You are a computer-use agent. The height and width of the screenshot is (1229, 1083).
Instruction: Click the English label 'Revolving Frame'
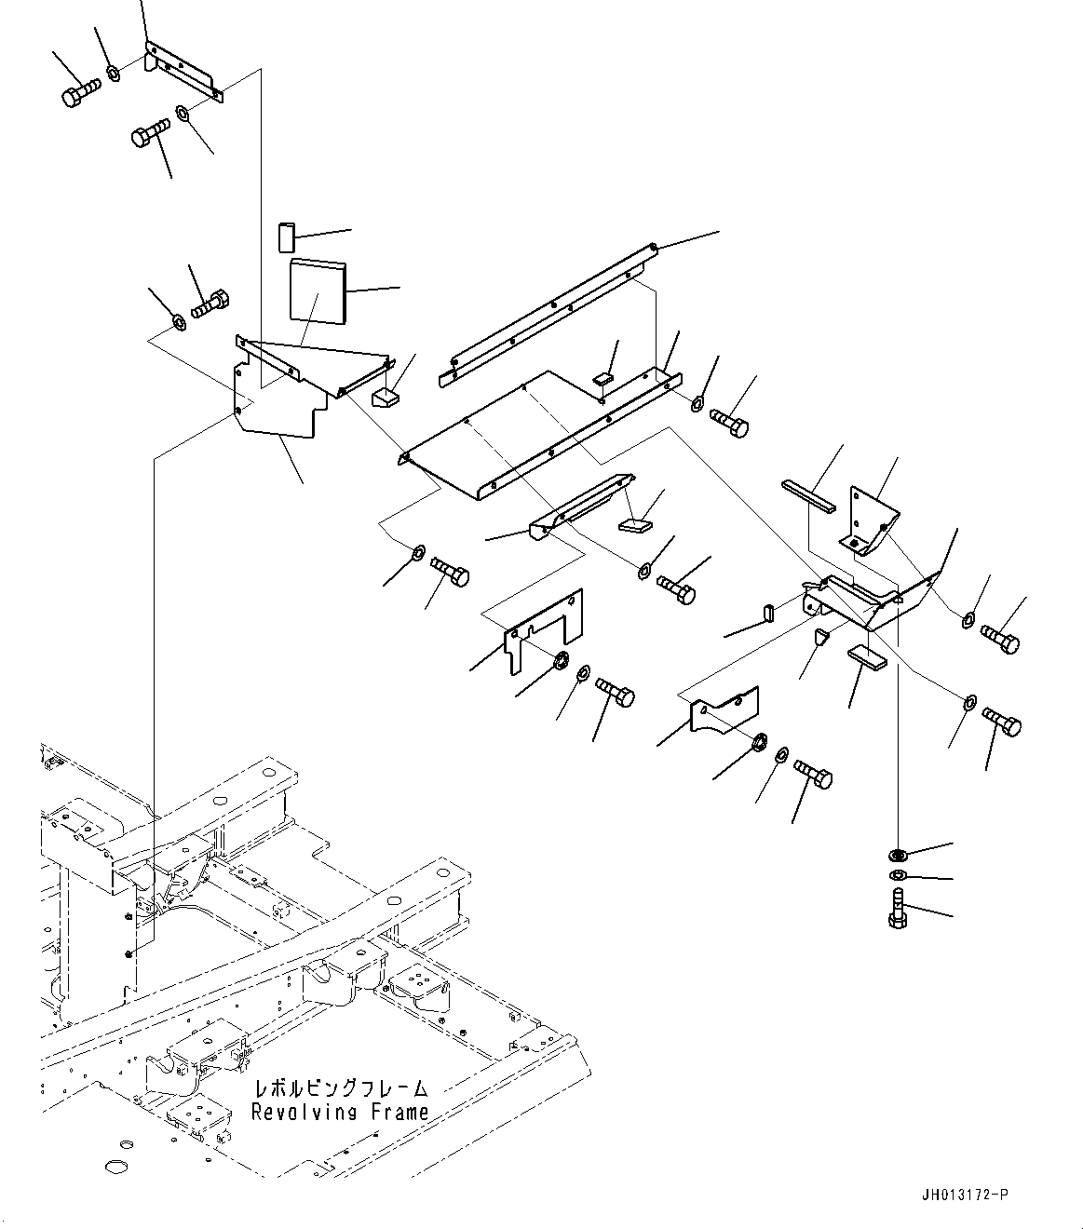pyautogui.click(x=340, y=1112)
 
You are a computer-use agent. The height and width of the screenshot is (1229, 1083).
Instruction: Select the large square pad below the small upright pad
pyautogui.click(x=317, y=292)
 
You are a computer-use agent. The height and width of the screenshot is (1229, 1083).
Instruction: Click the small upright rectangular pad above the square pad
pyautogui.click(x=286, y=236)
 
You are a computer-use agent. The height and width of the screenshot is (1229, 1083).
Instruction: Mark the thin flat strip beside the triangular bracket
pyautogui.click(x=809, y=494)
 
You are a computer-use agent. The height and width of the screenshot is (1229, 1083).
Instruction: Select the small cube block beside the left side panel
pyautogui.click(x=386, y=398)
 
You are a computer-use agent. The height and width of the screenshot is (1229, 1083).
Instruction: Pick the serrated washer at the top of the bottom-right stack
pyautogui.click(x=898, y=854)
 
